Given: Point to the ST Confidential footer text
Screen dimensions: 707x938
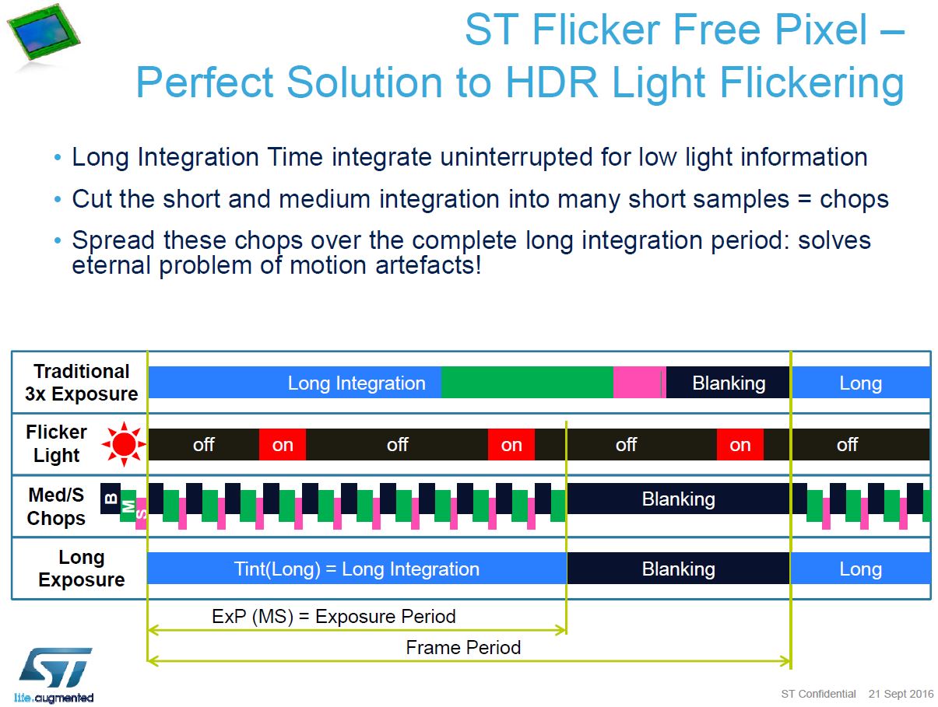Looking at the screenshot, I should [818, 694].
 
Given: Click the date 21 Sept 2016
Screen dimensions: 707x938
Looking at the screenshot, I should [901, 694].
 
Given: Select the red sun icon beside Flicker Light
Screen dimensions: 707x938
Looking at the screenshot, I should [124, 445].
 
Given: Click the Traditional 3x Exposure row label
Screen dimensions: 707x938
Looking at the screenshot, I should [81, 383].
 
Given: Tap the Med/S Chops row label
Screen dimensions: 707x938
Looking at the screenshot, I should [56, 507].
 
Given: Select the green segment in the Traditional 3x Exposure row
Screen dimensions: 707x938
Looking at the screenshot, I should [527, 383].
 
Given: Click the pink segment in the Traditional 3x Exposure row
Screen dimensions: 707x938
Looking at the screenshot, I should [638, 383].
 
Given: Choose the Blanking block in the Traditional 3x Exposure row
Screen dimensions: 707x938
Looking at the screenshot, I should [729, 383].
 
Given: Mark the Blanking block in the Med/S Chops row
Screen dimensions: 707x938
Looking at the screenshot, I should [678, 499].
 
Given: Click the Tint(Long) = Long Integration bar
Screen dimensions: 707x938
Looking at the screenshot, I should [357, 569].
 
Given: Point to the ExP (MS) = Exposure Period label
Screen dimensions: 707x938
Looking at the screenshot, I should [333, 617].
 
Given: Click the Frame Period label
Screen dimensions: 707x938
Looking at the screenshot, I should [463, 647].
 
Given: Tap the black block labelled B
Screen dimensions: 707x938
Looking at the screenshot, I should [110, 499].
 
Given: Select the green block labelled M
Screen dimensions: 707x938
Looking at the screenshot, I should [128, 506].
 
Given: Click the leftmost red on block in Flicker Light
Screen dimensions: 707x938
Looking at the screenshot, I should [283, 445].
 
